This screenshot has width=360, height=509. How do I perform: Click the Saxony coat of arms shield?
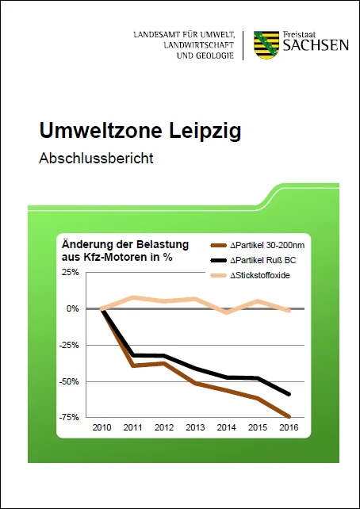pyautogui.click(x=266, y=45)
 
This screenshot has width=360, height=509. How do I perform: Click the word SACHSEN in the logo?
pyautogui.click(x=316, y=45)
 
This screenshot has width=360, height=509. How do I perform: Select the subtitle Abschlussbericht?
pyautogui.click(x=96, y=159)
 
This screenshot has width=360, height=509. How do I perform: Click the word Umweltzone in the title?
pyautogui.click(x=100, y=131)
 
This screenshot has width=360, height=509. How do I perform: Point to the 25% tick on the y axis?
pyautogui.click(x=71, y=272)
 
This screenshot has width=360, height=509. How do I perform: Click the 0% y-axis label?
pyautogui.click(x=74, y=308)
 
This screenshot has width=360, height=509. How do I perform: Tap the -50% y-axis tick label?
pyautogui.click(x=70, y=381)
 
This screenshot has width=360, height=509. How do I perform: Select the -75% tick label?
pyautogui.click(x=70, y=418)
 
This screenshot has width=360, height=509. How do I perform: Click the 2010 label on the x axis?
pyautogui.click(x=101, y=427)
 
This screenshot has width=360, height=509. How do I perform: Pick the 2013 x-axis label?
pyautogui.click(x=195, y=427)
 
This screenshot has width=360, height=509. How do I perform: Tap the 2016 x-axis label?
pyautogui.click(x=289, y=427)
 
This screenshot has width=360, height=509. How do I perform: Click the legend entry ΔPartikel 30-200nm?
pyautogui.click(x=258, y=246)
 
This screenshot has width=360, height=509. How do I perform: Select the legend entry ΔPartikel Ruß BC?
pyautogui.click(x=253, y=261)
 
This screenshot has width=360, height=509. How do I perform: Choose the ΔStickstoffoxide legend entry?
pyautogui.click(x=250, y=276)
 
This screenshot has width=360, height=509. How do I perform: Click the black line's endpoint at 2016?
pyautogui.click(x=289, y=394)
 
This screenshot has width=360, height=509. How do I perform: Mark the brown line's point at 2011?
pyautogui.click(x=132, y=365)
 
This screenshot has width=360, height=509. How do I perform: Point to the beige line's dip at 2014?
pyautogui.click(x=226, y=312)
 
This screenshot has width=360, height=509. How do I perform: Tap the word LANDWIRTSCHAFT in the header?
pyautogui.click(x=199, y=45)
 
